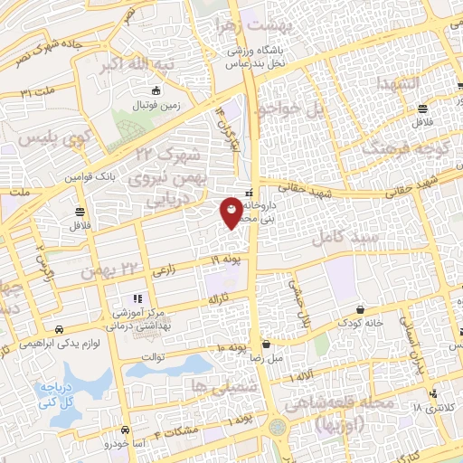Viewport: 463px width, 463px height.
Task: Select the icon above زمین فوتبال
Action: (156, 90)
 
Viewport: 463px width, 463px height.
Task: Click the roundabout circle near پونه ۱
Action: (279, 426)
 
